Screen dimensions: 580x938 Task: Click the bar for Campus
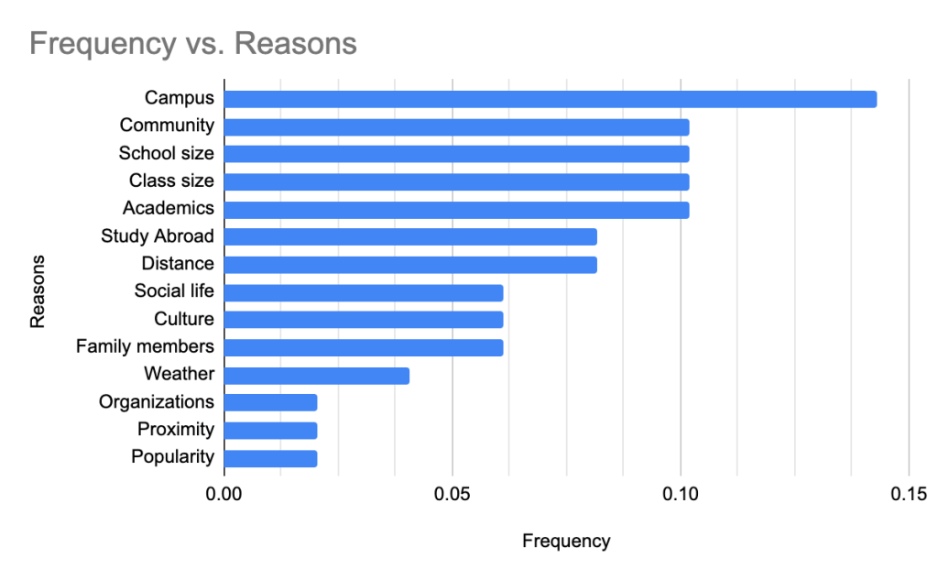[550, 99]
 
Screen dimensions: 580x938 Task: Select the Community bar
[456, 126]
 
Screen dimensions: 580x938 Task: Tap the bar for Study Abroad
[410, 236]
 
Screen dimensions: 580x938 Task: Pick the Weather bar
[316, 375]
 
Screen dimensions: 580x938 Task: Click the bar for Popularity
[270, 458]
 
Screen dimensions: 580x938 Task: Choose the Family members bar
[364, 347]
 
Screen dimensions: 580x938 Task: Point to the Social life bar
[364, 292]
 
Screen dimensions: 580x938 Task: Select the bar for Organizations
[270, 402]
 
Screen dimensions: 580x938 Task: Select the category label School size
[167, 153]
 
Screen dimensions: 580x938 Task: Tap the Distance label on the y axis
[178, 264]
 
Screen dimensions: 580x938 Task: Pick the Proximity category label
[176, 430]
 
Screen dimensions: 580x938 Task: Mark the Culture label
[184, 320]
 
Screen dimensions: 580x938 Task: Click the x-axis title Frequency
[566, 541]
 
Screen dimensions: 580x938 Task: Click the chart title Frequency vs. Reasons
[192, 43]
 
